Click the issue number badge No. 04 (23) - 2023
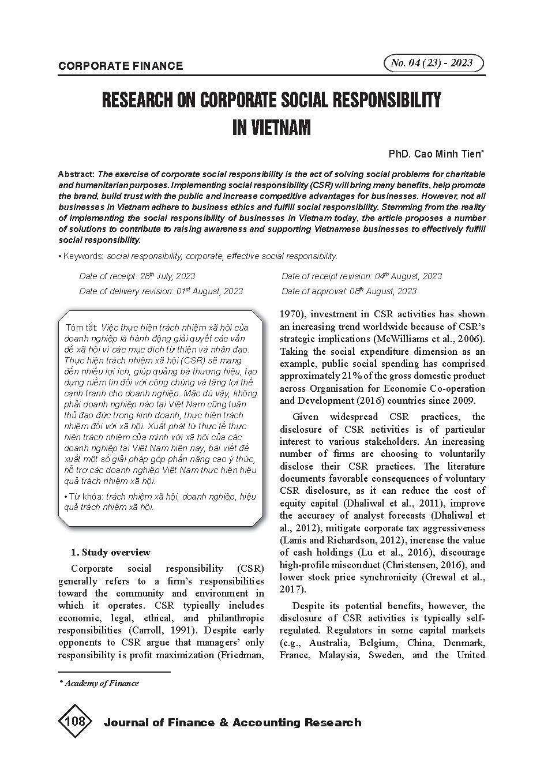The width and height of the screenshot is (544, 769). point(433,63)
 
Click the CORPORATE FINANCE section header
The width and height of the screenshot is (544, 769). point(120,66)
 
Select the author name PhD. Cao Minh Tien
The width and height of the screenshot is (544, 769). point(436,154)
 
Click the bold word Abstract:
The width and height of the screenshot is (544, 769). point(76,174)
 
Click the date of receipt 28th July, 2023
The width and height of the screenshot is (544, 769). point(168,276)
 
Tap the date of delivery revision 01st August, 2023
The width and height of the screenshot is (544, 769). point(209,291)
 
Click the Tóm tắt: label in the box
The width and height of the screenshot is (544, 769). point(82,327)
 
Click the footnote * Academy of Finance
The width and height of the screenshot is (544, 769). point(99,683)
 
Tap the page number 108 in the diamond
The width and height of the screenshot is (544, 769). point(76,721)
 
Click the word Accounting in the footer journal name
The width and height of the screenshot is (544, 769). point(265,723)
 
